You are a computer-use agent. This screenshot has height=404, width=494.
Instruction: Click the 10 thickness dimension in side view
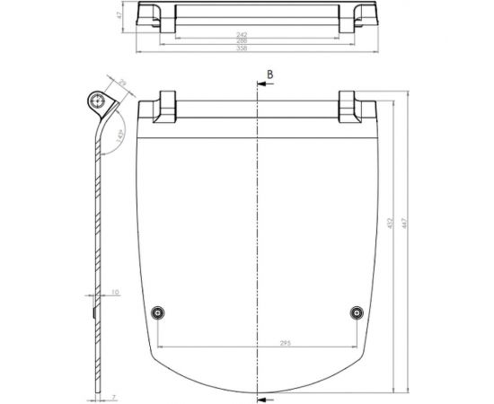(x=115, y=292)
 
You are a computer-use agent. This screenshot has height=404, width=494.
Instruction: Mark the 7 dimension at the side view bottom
(x=115, y=395)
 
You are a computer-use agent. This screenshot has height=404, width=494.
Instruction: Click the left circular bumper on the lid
(x=157, y=312)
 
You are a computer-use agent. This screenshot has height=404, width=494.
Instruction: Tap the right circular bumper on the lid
(x=357, y=312)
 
